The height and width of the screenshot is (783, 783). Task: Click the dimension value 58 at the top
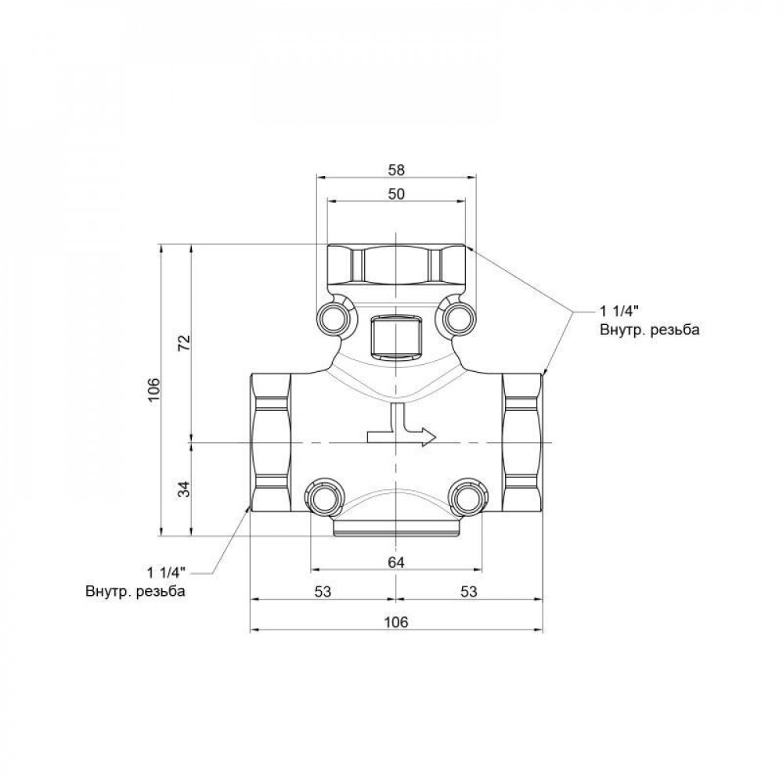pyautogui.click(x=396, y=169)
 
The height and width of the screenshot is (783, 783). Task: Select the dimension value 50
pyautogui.click(x=396, y=195)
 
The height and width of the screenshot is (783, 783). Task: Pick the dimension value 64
pyautogui.click(x=396, y=562)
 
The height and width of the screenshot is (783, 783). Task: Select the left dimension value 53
pyautogui.click(x=322, y=593)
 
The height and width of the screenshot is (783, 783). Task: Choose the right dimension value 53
pyautogui.click(x=468, y=593)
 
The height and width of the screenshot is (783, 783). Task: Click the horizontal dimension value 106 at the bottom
pyautogui.click(x=396, y=622)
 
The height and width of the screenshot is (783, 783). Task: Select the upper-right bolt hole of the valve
pyautogui.click(x=459, y=317)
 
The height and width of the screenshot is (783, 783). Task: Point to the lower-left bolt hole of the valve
pyautogui.click(x=322, y=496)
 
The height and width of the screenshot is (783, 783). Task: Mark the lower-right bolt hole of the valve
pyautogui.click(x=468, y=496)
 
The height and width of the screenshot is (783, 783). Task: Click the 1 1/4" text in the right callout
pyautogui.click(x=621, y=311)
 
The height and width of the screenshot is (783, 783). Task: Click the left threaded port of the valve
pyautogui.click(x=270, y=442)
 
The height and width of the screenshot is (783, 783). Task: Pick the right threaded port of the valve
pyautogui.click(x=522, y=442)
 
